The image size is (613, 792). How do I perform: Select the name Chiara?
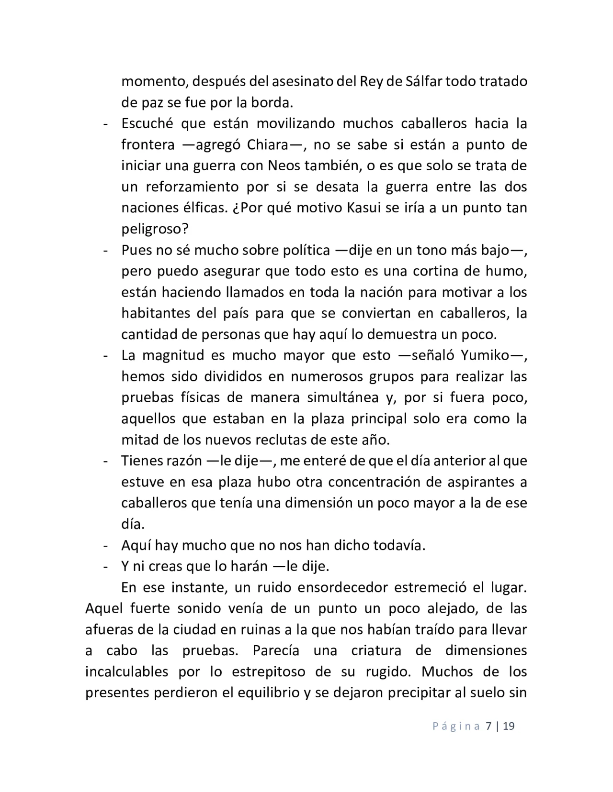[x=268, y=144]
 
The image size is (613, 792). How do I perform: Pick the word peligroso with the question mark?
[x=155, y=229]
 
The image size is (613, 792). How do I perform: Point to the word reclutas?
[x=314, y=440]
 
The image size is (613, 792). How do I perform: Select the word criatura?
[x=381, y=650]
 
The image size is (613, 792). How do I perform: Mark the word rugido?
[x=385, y=671]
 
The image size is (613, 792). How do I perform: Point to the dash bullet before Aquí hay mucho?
[x=105, y=545]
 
